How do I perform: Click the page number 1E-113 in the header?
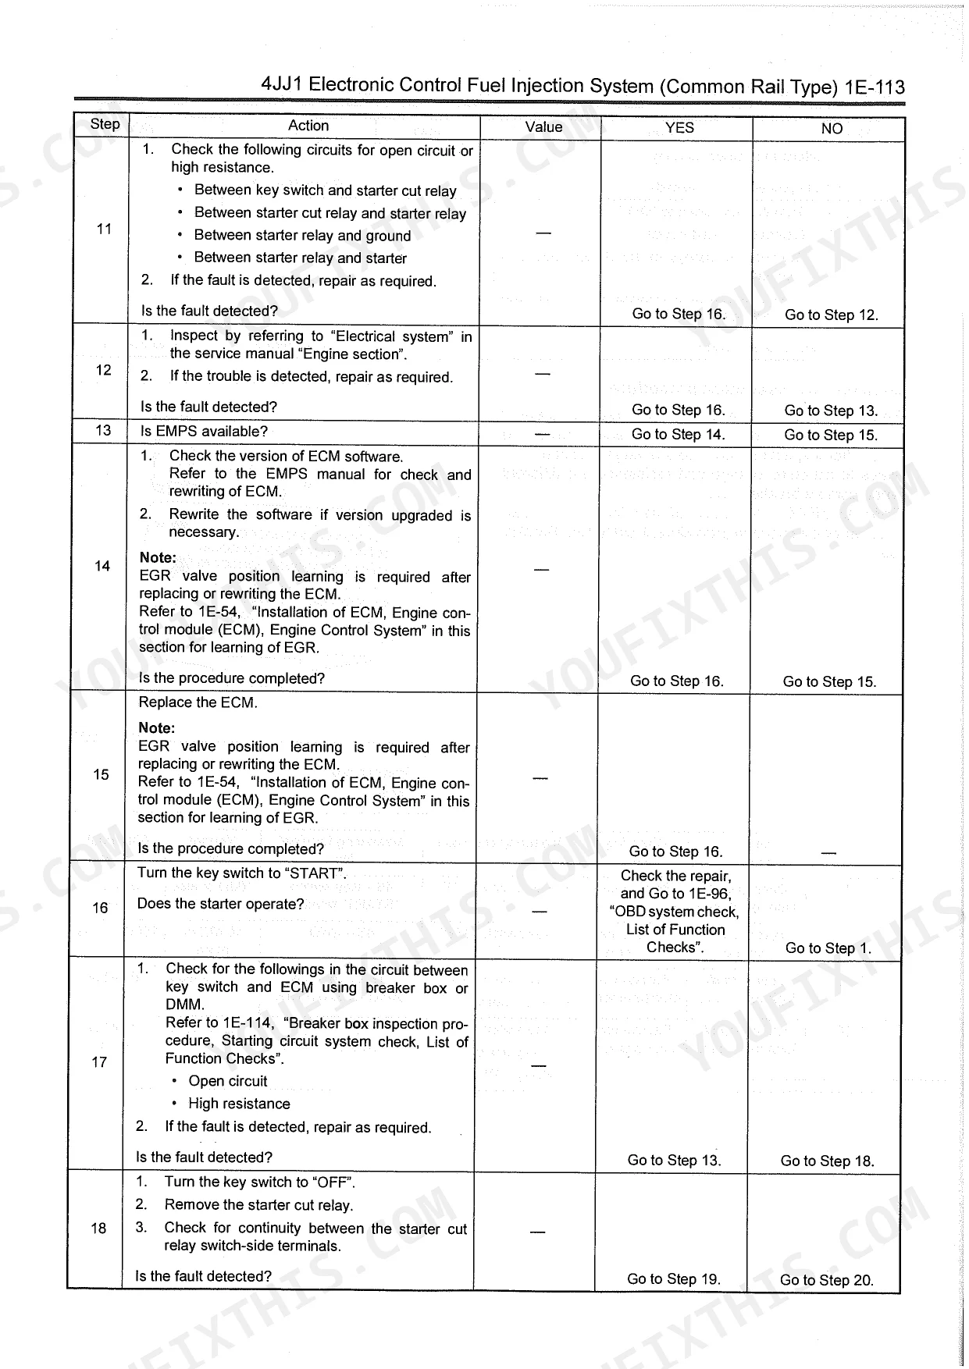(874, 87)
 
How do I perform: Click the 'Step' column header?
(105, 124)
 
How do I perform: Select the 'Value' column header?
(543, 127)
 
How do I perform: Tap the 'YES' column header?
(679, 128)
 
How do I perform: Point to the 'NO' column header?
(832, 129)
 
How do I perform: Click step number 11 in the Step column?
(104, 229)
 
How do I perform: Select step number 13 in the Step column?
(103, 431)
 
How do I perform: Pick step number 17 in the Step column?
(99, 1061)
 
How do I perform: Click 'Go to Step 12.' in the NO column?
(831, 315)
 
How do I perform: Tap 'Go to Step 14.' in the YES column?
(678, 435)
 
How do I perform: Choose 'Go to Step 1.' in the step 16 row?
(828, 948)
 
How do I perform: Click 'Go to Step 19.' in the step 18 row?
(673, 1278)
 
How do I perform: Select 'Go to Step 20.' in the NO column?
(826, 1280)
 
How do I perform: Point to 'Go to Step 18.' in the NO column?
(827, 1161)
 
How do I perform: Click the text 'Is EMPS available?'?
(204, 432)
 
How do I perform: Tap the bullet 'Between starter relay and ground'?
(302, 236)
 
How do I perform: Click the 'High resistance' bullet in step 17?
(239, 1104)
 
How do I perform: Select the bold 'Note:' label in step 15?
(156, 728)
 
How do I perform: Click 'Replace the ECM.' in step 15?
(198, 702)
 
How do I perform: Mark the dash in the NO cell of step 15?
(828, 853)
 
